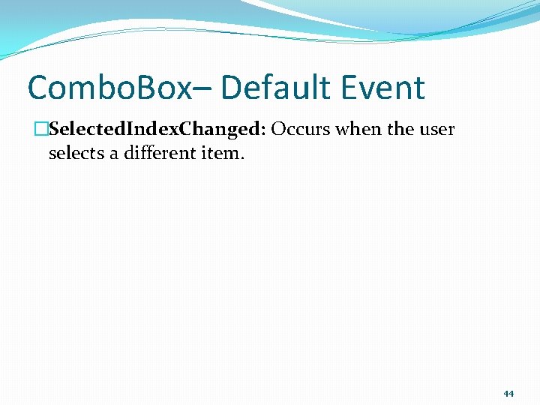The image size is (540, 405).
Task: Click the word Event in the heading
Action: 385,88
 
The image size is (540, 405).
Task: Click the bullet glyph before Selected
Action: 41,130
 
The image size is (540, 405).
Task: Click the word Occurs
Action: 301,130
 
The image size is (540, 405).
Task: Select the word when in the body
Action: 358,130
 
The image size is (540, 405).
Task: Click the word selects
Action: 75,154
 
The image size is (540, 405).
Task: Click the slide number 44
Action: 508,393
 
